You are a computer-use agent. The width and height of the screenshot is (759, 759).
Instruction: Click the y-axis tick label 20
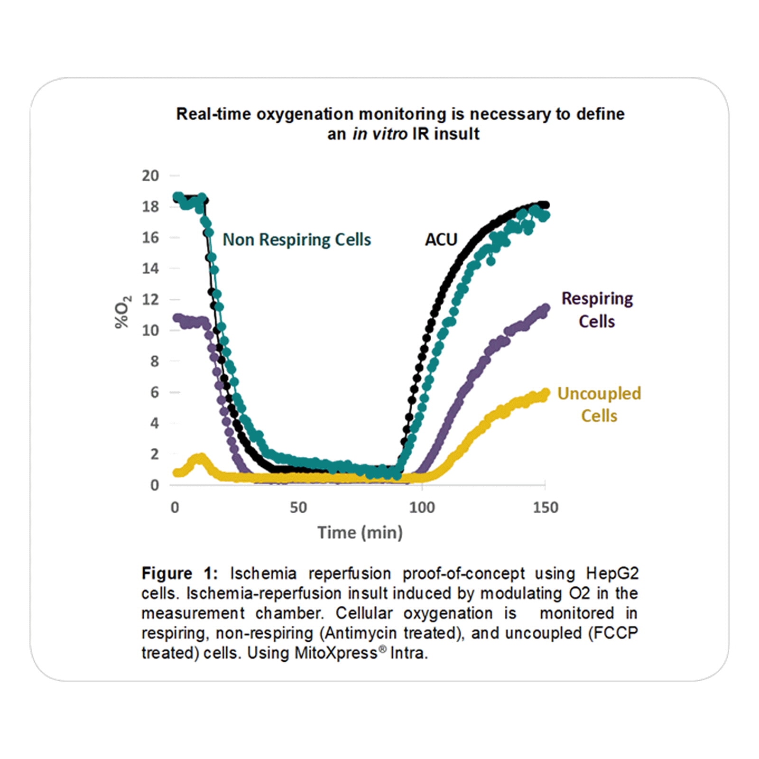click(150, 176)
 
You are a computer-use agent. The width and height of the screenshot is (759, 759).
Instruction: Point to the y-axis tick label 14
click(150, 268)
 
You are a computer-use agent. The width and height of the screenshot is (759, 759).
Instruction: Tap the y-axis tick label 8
click(154, 361)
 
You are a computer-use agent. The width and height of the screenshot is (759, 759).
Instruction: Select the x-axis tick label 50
click(298, 508)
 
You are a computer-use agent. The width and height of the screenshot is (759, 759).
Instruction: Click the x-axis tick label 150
click(546, 508)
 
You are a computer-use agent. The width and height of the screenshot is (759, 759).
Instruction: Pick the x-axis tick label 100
click(422, 508)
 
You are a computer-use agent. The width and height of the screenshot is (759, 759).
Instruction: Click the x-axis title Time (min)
click(360, 533)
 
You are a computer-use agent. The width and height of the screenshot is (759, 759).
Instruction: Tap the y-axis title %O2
click(123, 312)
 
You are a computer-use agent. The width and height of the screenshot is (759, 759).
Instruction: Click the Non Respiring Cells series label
click(297, 240)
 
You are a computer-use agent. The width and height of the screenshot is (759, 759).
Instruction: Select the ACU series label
click(441, 240)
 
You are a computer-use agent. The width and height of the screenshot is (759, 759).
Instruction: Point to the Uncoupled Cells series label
click(599, 405)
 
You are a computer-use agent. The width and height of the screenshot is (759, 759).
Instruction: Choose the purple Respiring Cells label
click(597, 310)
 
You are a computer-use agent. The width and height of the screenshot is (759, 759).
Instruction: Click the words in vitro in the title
click(380, 134)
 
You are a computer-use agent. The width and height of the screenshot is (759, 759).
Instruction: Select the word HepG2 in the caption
click(612, 574)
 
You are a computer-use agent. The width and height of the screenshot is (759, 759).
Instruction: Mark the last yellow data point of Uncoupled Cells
click(546, 393)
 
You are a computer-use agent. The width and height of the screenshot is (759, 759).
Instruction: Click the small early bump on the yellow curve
click(200, 458)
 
